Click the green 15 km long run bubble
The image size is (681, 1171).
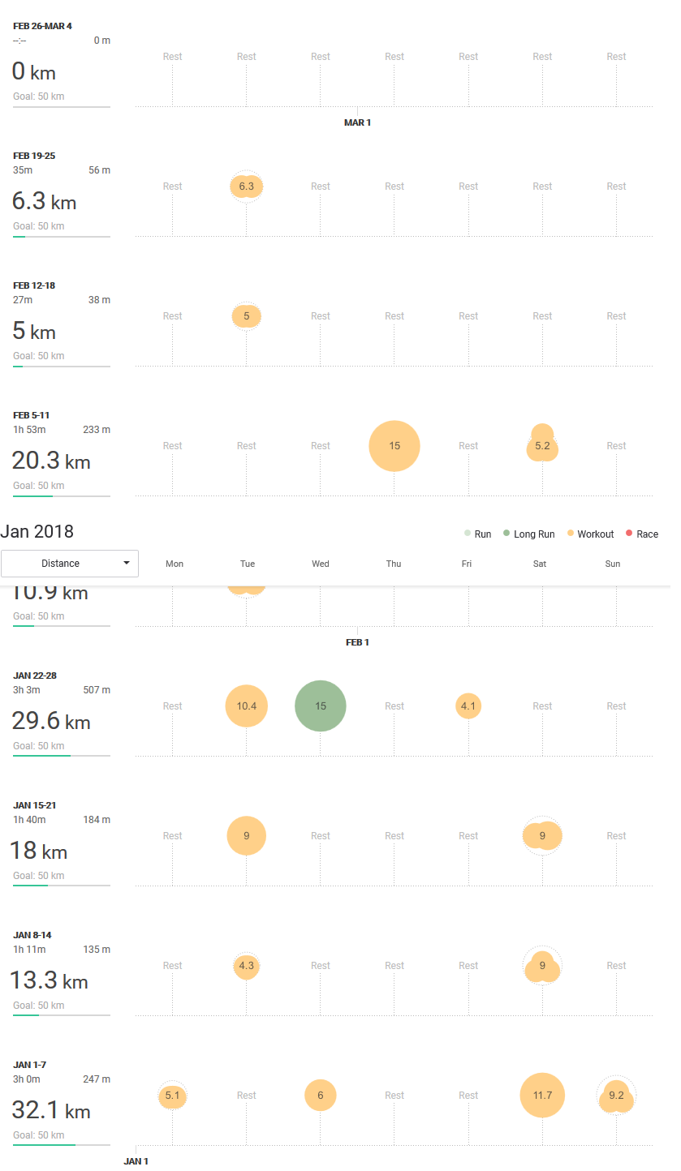click(321, 706)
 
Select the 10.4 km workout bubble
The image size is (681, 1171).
click(246, 706)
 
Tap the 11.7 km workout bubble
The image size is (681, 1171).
click(542, 1095)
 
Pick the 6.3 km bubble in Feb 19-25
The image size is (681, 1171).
click(246, 187)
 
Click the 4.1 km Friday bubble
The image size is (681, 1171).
click(468, 706)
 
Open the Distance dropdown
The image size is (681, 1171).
click(70, 564)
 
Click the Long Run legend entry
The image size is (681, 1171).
click(529, 534)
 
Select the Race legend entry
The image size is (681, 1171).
click(642, 534)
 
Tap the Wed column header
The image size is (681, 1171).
click(321, 564)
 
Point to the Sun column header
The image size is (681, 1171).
click(613, 564)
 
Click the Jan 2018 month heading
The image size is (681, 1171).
click(37, 532)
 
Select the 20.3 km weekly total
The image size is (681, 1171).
click(50, 461)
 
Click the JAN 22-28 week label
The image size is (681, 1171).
click(35, 676)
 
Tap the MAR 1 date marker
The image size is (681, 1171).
click(357, 122)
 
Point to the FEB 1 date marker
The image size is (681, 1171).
click(357, 642)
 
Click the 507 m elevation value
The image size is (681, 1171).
click(97, 690)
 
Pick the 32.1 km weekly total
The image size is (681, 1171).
click(50, 1110)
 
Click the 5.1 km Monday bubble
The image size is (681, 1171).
click(172, 1096)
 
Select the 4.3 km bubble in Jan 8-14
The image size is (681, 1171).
click(246, 966)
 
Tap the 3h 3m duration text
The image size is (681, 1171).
click(27, 690)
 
